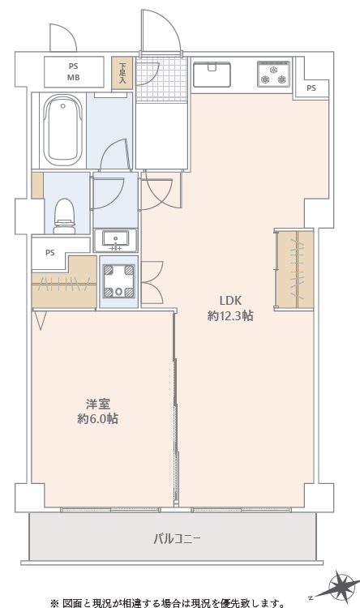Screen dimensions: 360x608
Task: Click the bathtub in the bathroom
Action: point(62,131)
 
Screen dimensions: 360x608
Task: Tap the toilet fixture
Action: point(64,216)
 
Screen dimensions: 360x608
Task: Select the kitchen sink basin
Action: point(212,75)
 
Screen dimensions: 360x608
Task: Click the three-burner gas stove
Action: point(273,74)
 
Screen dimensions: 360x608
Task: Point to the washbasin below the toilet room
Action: point(116,240)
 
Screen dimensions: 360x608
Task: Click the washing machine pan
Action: point(119,281)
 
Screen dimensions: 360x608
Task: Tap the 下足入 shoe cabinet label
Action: point(122,73)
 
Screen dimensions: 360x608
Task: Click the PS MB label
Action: point(73,71)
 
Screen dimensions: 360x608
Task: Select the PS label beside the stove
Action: point(311,88)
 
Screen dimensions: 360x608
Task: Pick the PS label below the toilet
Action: point(50,253)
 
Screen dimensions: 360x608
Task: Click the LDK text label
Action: point(230,301)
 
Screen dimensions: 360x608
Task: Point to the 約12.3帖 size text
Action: point(230,316)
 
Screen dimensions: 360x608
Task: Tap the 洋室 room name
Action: point(98,405)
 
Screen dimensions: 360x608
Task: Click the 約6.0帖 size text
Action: point(98,419)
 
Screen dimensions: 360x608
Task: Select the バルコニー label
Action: point(177,538)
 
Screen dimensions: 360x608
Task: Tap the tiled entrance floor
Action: point(162,79)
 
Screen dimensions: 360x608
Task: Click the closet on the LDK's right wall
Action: point(294,269)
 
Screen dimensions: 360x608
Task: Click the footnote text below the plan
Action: point(168,603)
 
